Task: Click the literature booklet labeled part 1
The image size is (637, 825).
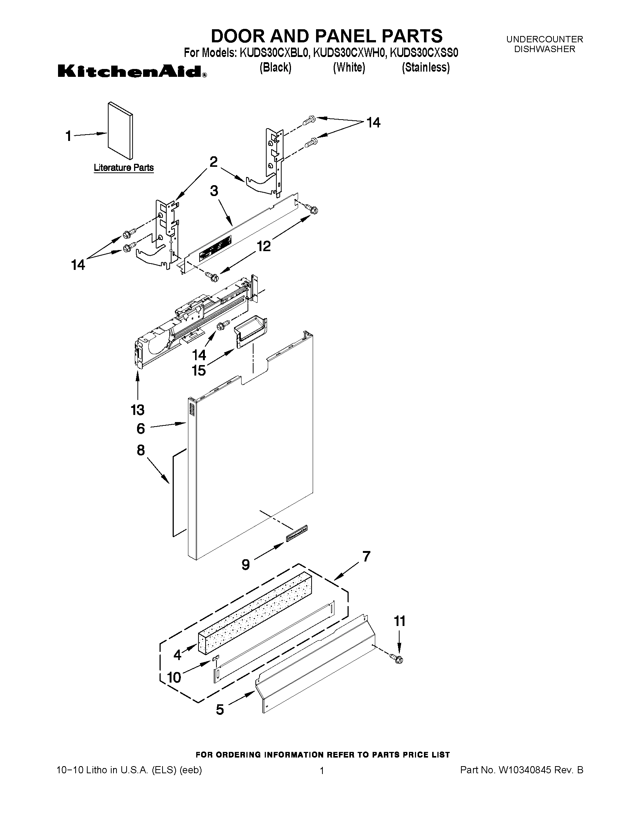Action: [120, 131]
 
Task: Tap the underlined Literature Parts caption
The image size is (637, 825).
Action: [124, 168]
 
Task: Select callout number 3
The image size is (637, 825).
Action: [214, 191]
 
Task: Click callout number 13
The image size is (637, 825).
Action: [138, 409]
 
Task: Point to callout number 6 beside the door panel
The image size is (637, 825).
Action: [140, 428]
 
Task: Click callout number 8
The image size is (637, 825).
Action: [141, 450]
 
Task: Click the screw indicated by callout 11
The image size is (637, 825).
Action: [397, 659]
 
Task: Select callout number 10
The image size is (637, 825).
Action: [174, 677]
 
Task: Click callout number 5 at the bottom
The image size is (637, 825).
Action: [220, 710]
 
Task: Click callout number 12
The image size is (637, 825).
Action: [264, 246]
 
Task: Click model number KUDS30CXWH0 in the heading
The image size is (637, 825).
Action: [349, 53]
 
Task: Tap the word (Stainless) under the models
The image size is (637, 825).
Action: [426, 67]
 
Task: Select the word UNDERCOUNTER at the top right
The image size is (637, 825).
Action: [544, 39]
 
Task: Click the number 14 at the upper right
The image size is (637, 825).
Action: [373, 123]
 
